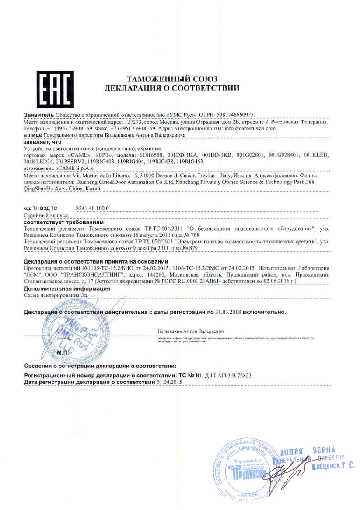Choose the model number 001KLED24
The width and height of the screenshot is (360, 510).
coord(38,162)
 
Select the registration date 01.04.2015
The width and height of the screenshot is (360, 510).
coord(169,382)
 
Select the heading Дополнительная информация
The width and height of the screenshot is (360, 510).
coord(66,289)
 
